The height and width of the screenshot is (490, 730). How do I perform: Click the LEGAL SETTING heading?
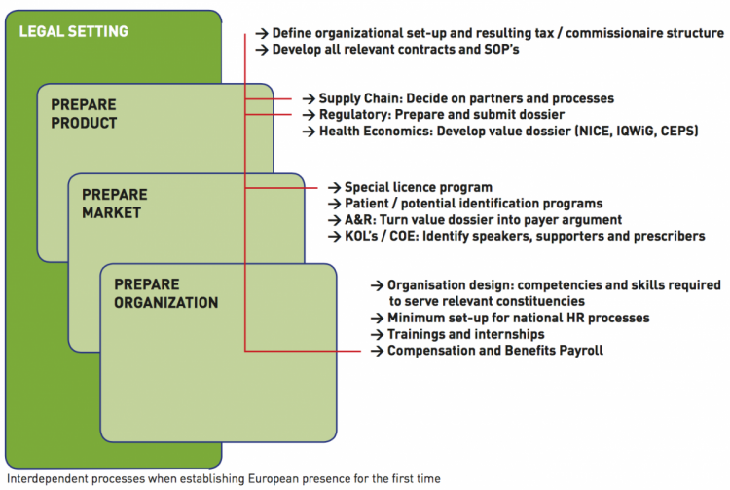[x=74, y=31]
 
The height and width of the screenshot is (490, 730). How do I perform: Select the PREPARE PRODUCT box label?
[x=84, y=114]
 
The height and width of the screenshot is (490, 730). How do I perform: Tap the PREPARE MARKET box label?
[x=115, y=204]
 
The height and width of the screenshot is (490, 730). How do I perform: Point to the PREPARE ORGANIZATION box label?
[x=166, y=293]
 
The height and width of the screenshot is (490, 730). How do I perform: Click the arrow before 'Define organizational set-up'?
[x=262, y=33]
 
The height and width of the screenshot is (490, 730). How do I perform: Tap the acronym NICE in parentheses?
[x=595, y=131]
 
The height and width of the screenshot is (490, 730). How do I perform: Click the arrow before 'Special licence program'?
[x=334, y=187]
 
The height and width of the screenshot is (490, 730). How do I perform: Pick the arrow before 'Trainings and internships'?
[x=377, y=334]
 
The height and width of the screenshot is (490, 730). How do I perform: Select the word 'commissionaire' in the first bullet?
[x=614, y=33]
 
